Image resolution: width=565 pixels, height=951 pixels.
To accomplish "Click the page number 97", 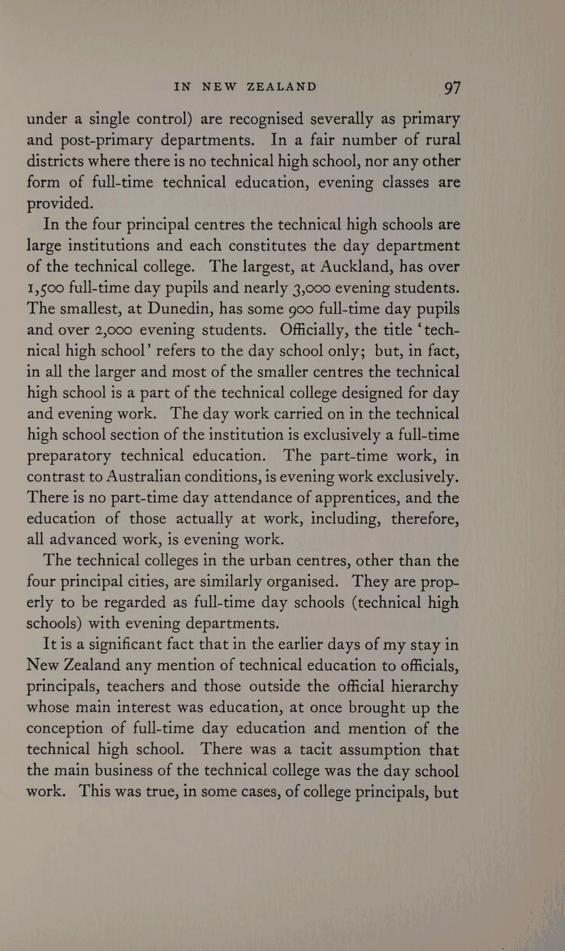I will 452,88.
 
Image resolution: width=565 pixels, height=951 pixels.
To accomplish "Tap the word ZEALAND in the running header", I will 281,87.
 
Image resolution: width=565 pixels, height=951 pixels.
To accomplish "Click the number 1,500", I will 45,288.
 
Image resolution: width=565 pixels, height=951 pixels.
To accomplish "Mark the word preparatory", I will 68,456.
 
